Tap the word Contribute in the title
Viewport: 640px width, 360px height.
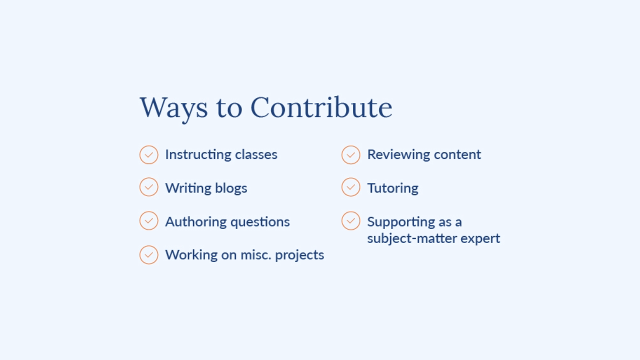321,107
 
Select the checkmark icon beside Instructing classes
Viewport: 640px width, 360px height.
149,155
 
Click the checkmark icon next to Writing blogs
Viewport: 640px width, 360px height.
149,187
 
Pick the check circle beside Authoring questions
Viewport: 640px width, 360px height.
149,220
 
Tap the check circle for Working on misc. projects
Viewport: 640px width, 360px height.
149,255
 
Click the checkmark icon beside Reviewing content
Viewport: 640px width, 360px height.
351,155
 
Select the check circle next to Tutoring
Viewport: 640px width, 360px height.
351,187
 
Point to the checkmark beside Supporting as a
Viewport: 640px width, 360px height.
351,220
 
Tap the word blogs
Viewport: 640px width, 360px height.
231,188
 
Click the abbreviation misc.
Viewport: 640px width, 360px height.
255,255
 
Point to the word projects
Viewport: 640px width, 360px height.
299,255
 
